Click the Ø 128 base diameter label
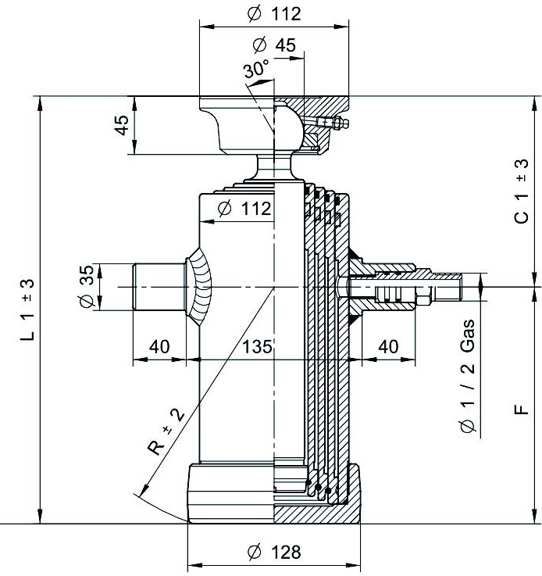click(x=274, y=552)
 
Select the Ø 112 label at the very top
click(x=274, y=14)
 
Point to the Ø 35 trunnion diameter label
click(x=87, y=286)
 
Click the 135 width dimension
click(x=257, y=346)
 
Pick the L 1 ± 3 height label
click(x=27, y=309)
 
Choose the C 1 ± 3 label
click(x=522, y=191)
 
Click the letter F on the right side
click(x=522, y=410)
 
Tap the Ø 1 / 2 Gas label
click(x=467, y=375)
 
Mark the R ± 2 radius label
click(x=166, y=432)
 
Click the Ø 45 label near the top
click(x=274, y=45)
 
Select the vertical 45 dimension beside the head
click(x=122, y=125)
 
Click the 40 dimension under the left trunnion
click(x=159, y=346)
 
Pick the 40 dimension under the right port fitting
click(x=388, y=346)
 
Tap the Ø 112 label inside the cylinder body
click(x=244, y=209)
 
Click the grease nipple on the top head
click(x=334, y=123)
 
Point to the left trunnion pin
click(x=159, y=287)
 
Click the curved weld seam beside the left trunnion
click(x=198, y=286)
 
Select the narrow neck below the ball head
click(x=274, y=167)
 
